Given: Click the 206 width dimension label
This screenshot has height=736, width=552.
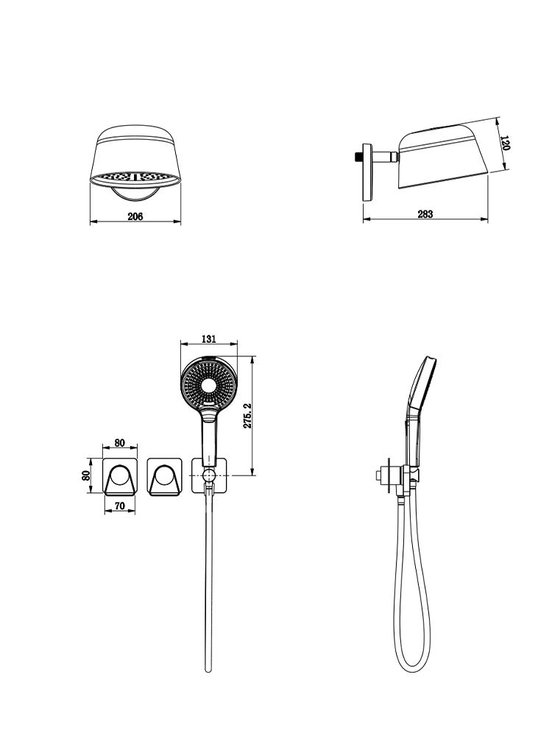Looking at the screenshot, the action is [x=135, y=216].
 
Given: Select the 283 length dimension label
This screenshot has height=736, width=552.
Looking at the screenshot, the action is [x=425, y=214].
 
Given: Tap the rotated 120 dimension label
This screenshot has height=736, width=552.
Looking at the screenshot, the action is [x=505, y=143].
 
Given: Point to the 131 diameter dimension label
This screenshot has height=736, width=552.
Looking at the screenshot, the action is [x=208, y=339].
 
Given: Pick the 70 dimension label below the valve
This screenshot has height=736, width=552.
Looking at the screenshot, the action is [x=120, y=506].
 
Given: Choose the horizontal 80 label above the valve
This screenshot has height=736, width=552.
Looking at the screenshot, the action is [x=120, y=442].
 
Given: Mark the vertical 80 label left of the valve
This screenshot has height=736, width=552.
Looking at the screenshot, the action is [x=86, y=475].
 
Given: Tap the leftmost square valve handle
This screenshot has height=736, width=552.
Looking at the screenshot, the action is [x=120, y=475].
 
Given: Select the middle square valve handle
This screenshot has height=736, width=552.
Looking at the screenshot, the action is [x=164, y=475].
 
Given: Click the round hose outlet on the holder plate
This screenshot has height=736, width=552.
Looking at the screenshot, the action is [x=209, y=476].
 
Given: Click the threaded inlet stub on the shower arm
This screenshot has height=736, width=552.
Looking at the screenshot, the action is [x=358, y=155].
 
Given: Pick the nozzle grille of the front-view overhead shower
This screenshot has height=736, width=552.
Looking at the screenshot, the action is [x=135, y=177].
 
